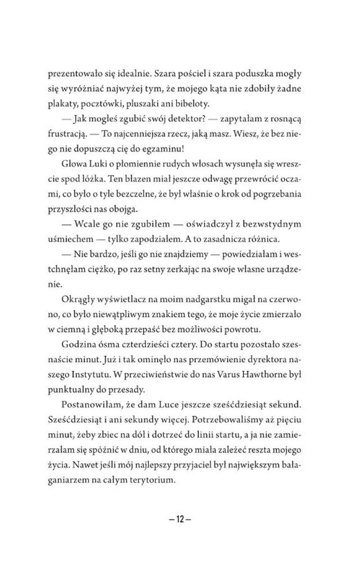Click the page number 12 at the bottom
[x=180, y=518]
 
